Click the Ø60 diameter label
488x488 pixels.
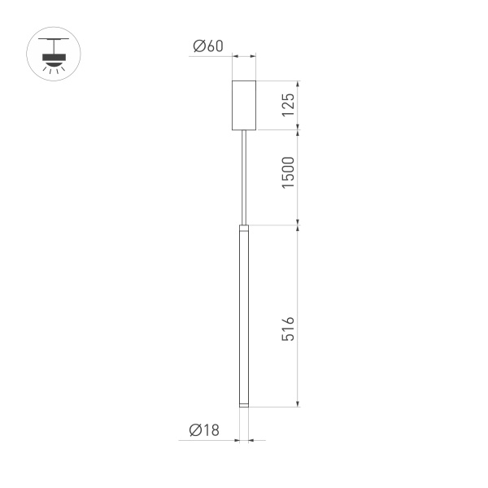pyautogui.click(x=207, y=46)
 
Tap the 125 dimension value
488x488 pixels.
pyautogui.click(x=288, y=105)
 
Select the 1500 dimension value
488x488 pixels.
pyautogui.click(x=288, y=173)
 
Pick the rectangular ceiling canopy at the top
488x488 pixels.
pyautogui.click(x=244, y=105)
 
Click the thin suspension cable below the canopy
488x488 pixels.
pyautogui.click(x=244, y=175)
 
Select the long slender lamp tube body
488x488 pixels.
pyautogui.click(x=244, y=317)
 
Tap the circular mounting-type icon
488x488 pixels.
pyautogui.click(x=54, y=55)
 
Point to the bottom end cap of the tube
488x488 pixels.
pyautogui.click(x=244, y=404)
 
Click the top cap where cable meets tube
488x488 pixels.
pyautogui.click(x=244, y=227)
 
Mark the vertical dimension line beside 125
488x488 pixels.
pyautogui.click(x=299, y=105)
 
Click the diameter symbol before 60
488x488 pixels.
pyautogui.click(x=198, y=46)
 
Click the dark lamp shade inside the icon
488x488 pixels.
pyautogui.click(x=54, y=57)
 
